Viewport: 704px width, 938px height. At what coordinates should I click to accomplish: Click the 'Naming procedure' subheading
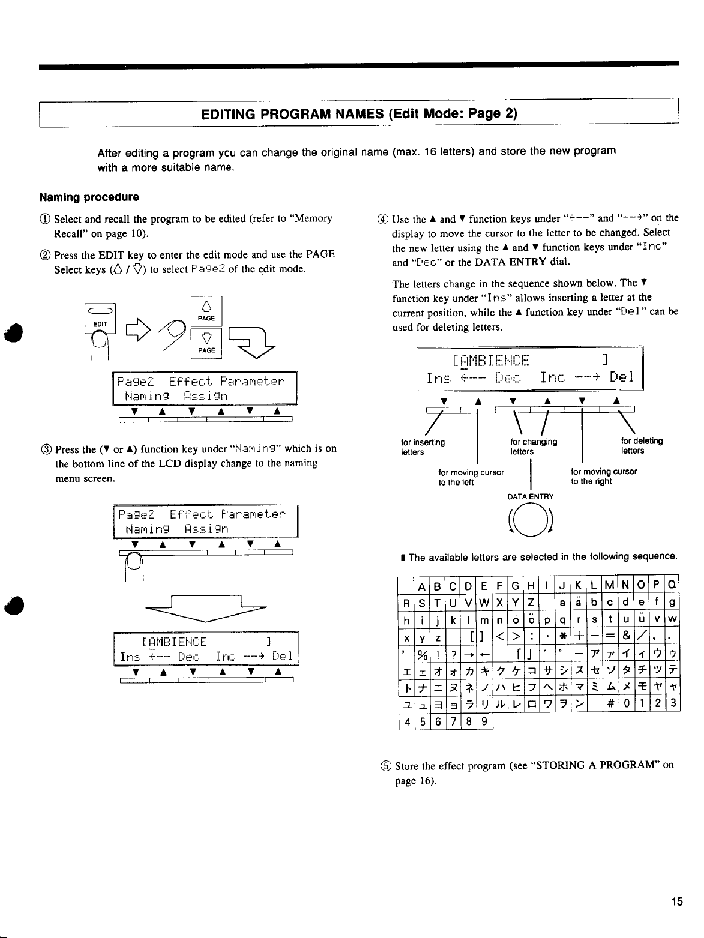pos(89,197)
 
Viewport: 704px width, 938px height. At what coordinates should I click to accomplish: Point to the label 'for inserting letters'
pos(423,446)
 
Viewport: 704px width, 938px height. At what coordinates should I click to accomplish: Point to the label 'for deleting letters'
pos(642,446)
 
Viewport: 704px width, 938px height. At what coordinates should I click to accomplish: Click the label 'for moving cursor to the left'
pos(471,477)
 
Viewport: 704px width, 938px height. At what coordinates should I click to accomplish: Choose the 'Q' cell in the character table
pos(672,585)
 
